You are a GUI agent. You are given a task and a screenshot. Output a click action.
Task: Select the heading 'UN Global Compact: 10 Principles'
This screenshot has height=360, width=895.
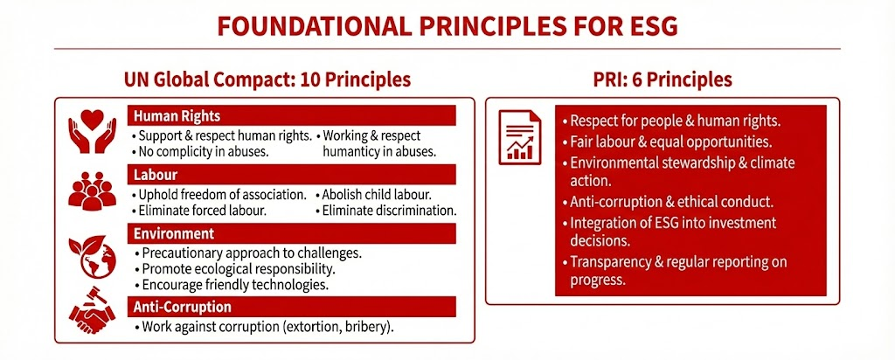click(268, 80)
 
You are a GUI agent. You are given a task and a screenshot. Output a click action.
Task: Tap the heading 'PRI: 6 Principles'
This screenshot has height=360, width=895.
click(661, 80)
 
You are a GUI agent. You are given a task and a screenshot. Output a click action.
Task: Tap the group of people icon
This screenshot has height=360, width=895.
click(91, 190)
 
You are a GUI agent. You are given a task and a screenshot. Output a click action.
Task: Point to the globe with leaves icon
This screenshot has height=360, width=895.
click(91, 253)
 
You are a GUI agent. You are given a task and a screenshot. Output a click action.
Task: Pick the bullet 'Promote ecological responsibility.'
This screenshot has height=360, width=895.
click(235, 268)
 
